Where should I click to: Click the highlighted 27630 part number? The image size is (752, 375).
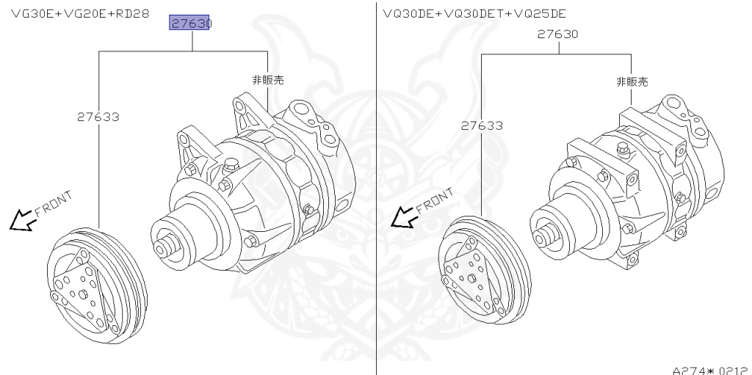click(190, 23)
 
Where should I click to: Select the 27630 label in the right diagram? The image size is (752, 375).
click(557, 34)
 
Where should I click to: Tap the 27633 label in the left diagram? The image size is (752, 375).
click(98, 116)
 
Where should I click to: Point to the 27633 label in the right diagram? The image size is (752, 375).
click(482, 125)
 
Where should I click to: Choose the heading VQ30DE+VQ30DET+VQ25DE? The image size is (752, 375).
click(474, 13)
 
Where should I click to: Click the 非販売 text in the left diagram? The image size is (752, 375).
click(267, 80)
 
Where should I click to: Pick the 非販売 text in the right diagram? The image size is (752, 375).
click(632, 81)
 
